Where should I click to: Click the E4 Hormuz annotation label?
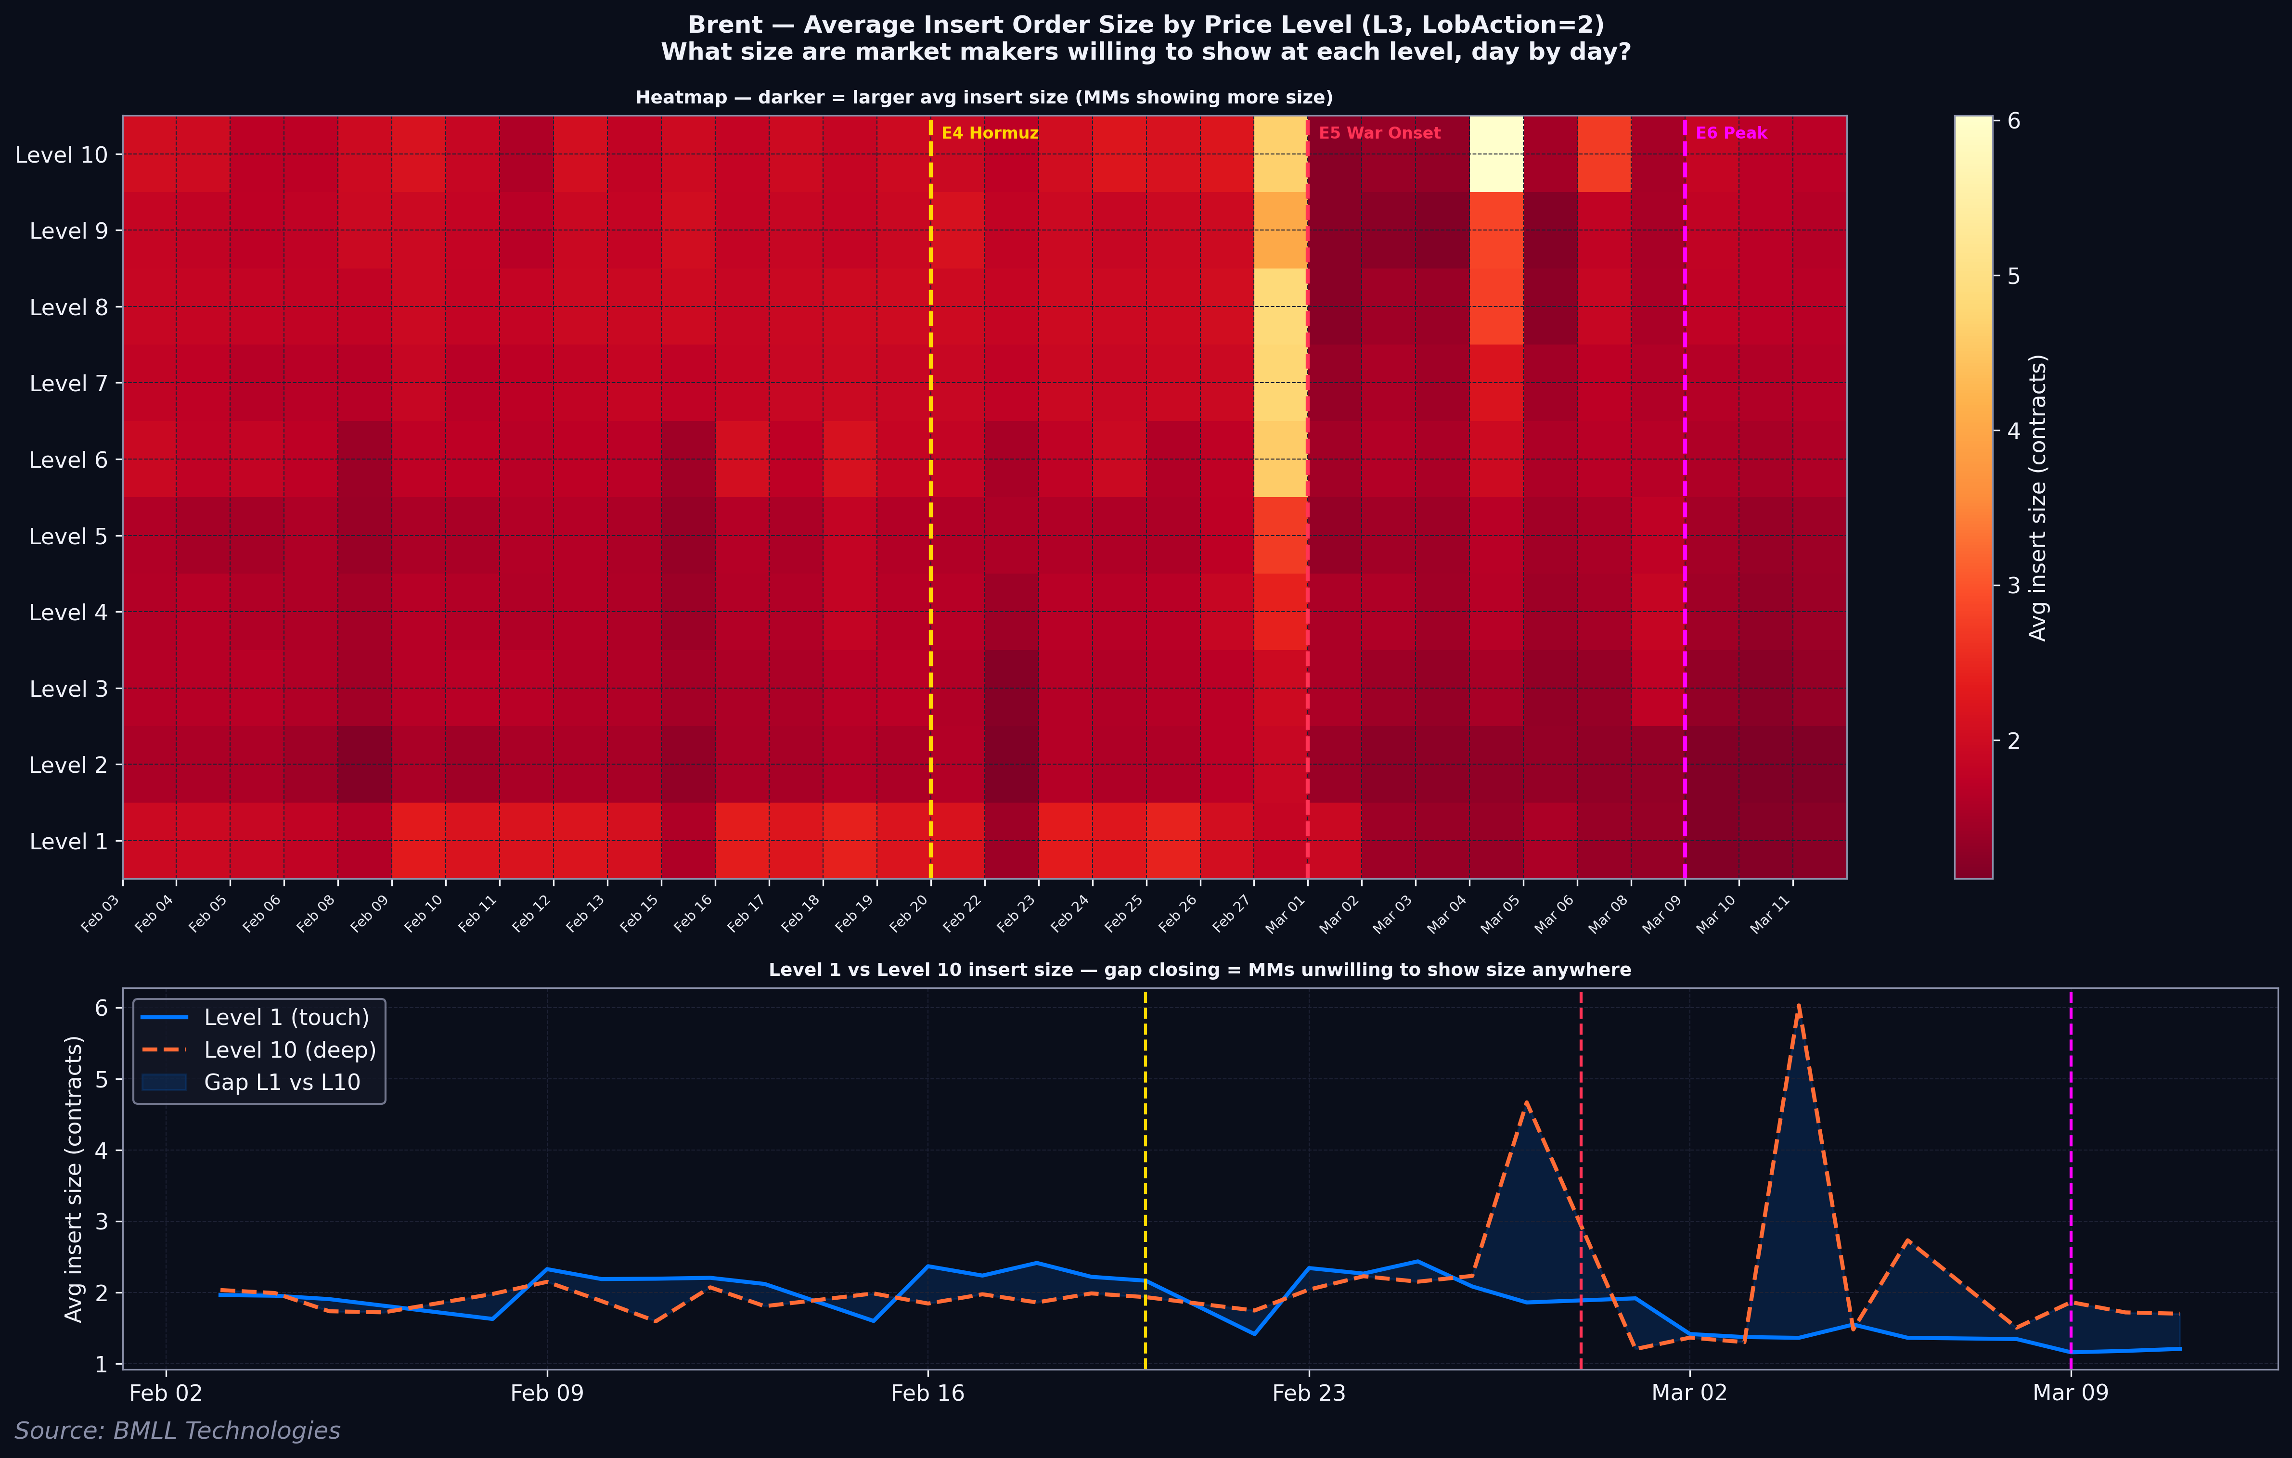coord(990,133)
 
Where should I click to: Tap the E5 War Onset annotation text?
coord(1379,133)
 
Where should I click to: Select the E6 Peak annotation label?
coord(1730,133)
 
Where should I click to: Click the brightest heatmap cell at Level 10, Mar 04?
coord(1496,154)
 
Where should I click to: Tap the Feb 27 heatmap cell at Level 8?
coord(1280,307)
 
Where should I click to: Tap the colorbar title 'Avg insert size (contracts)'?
coord(2038,498)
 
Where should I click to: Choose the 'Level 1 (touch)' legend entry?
coord(285,1017)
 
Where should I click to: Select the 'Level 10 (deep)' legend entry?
coord(289,1050)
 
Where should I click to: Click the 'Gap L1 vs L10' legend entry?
coord(282,1082)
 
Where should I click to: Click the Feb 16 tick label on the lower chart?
coord(928,1394)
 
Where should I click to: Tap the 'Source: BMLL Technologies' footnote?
coord(177,1431)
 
